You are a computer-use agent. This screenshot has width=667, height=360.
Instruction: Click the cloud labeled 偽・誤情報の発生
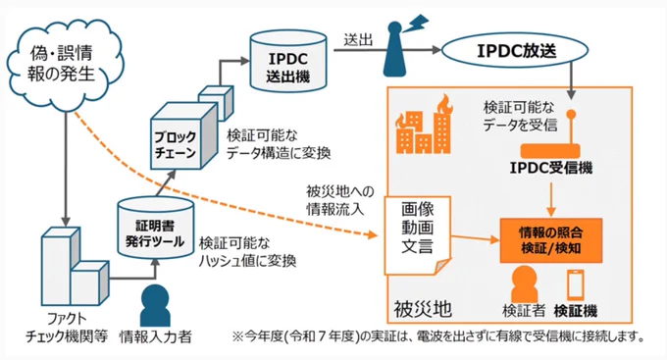[x=64, y=64]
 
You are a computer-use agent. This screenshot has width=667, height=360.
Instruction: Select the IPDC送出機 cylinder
[x=288, y=61]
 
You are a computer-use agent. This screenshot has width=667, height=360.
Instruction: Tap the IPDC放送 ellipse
[x=515, y=51]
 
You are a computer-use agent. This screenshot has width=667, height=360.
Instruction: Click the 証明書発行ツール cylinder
[x=155, y=229]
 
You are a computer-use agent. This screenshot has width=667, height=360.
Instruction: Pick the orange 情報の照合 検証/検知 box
[x=551, y=241]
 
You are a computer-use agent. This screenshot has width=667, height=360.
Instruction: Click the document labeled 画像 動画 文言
[x=417, y=235]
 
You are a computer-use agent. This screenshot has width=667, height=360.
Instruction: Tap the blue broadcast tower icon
[x=394, y=49]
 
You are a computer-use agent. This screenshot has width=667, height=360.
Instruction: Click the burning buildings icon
[x=424, y=125]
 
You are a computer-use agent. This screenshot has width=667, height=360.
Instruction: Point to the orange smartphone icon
[x=575, y=284]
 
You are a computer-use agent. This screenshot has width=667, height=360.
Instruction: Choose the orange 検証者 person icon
[x=524, y=284]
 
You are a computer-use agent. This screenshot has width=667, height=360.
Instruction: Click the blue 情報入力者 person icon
[x=155, y=305]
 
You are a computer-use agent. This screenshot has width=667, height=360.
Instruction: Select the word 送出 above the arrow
[x=358, y=40]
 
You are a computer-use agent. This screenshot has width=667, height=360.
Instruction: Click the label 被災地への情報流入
[x=340, y=200]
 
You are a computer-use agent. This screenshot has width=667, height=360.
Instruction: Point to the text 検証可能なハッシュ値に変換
[x=247, y=251]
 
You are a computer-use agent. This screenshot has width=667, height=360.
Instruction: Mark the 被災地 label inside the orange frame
[x=423, y=309]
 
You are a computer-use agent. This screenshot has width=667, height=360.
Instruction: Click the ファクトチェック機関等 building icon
[x=75, y=267]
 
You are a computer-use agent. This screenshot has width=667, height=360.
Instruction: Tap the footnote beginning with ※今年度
[x=439, y=336]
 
